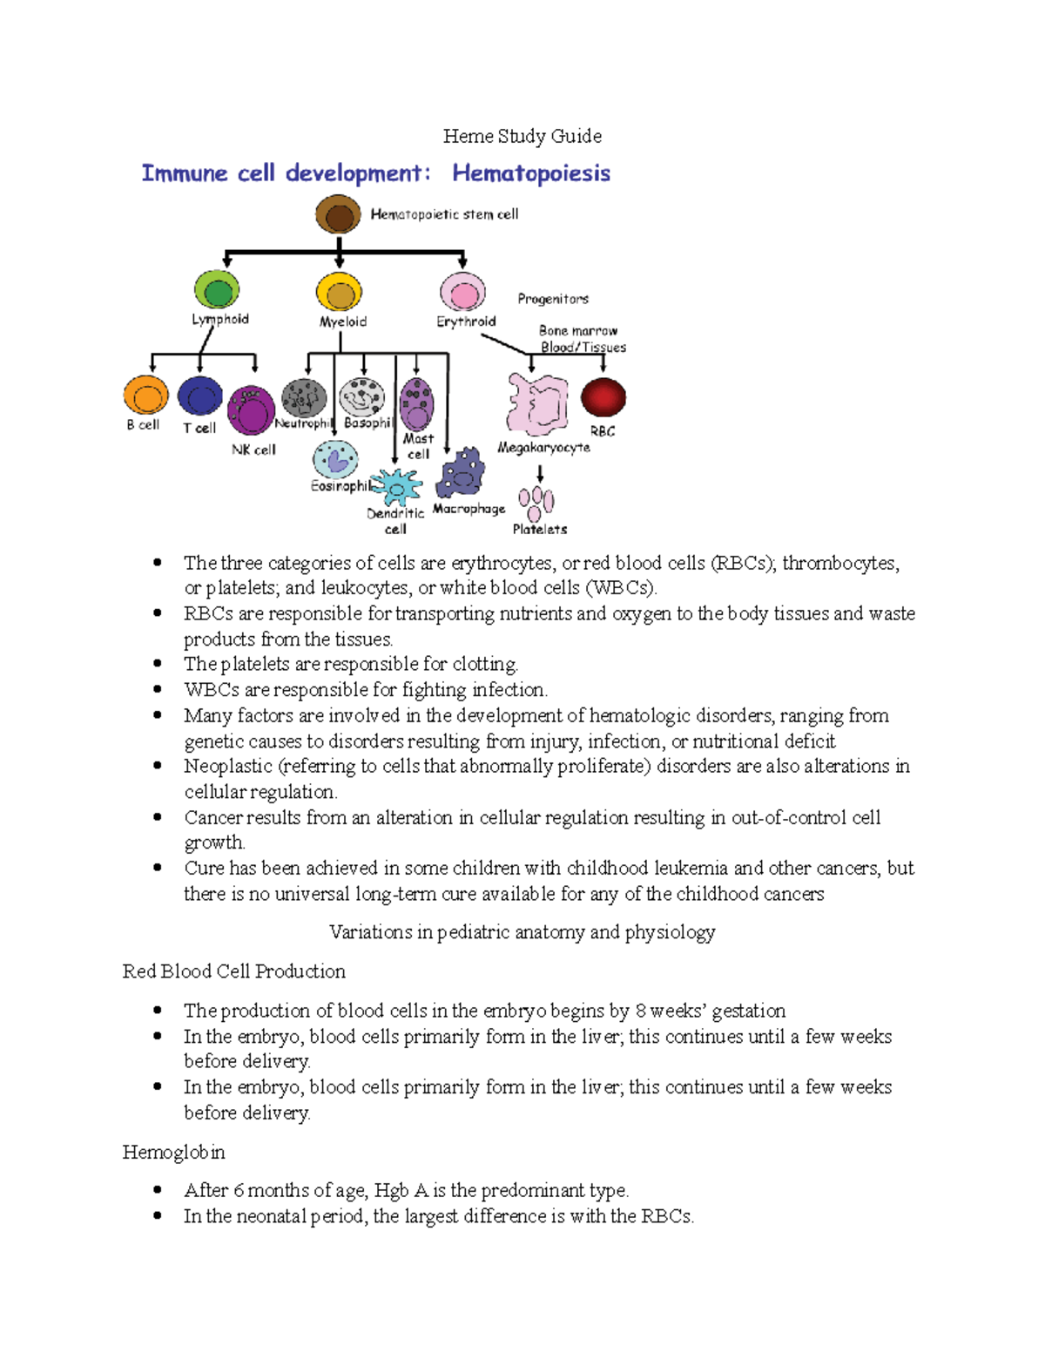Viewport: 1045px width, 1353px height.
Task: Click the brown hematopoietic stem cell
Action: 338,214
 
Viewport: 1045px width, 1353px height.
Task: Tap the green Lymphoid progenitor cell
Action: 217,290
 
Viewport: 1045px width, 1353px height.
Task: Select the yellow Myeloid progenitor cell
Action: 340,292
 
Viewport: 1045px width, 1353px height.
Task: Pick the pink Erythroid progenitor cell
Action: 462,292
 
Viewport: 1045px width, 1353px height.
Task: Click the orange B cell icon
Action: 145,396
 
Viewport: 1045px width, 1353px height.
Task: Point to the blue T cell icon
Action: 200,396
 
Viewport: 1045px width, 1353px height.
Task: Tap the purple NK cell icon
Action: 251,409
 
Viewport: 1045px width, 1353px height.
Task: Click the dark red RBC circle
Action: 603,397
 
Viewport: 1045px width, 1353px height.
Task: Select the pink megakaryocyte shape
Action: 538,403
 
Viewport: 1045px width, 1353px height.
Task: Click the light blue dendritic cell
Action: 397,487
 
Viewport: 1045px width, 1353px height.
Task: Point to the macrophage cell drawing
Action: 462,473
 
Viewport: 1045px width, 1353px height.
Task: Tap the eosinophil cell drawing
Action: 335,459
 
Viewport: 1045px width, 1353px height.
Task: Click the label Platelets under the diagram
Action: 539,529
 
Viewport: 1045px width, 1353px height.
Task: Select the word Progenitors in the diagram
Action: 553,299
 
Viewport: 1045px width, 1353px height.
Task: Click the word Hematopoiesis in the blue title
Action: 531,173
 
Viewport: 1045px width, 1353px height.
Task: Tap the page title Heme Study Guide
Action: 522,136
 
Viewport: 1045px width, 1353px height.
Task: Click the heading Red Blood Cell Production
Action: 233,971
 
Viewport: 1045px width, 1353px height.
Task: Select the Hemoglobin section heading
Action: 173,1153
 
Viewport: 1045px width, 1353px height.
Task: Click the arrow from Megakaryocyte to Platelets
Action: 540,473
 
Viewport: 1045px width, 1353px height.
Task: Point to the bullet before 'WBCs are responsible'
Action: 158,689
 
